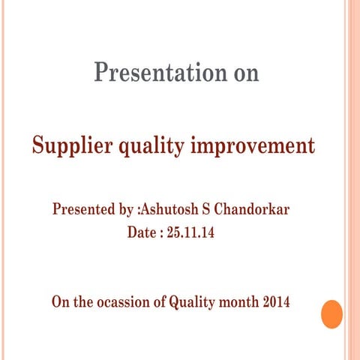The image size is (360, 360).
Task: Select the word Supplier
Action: point(70,145)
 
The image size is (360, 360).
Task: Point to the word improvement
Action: point(255,145)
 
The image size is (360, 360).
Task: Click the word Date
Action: point(142,232)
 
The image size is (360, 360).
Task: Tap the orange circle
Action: point(331,313)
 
